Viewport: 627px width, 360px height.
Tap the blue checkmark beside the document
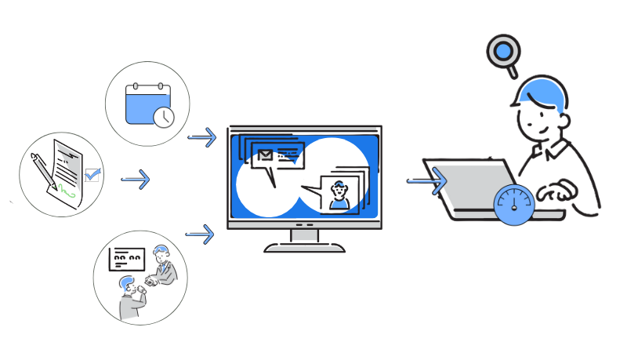(x=93, y=175)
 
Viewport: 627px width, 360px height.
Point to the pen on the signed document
(x=43, y=169)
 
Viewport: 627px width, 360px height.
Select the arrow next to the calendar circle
(x=202, y=138)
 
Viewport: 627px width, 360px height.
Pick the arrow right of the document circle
(x=135, y=180)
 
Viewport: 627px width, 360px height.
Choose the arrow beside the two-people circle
(x=200, y=234)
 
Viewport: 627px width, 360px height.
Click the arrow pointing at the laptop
(x=426, y=181)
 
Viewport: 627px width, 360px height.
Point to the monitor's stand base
(x=305, y=248)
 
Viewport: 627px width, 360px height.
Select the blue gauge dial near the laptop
(x=513, y=203)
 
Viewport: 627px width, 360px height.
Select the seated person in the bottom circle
(x=129, y=298)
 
